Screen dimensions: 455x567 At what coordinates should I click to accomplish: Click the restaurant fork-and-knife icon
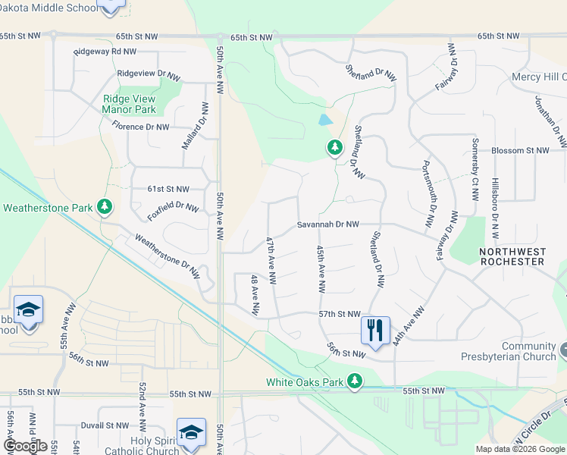[375, 331]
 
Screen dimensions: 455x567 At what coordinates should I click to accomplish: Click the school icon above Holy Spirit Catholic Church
[191, 432]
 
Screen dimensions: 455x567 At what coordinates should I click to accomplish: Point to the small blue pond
[325, 120]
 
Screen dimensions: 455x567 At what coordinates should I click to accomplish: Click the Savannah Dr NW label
[327, 225]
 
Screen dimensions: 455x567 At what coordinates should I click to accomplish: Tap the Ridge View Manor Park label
[129, 104]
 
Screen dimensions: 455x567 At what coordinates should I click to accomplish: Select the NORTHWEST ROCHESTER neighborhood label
[513, 256]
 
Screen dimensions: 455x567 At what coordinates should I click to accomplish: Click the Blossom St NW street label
[520, 151]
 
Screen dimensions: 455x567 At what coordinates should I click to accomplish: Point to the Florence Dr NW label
[140, 127]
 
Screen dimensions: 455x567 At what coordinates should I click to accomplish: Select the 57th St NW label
[339, 313]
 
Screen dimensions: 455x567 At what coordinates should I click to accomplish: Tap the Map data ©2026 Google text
[519, 449]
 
